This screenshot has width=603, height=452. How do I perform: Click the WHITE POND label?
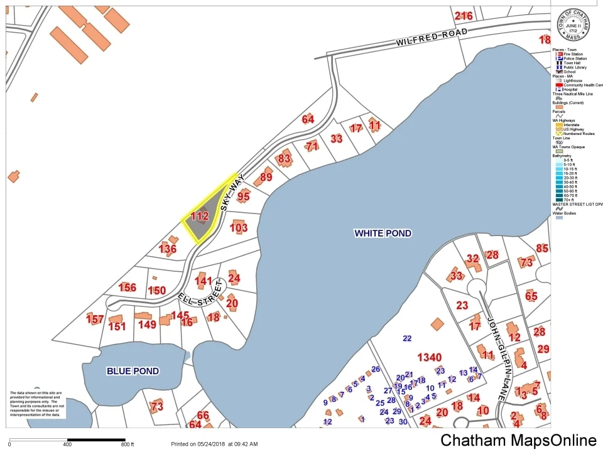point(383,234)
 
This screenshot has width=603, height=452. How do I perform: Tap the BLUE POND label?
point(133,371)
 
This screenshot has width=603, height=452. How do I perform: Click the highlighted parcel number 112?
point(199,217)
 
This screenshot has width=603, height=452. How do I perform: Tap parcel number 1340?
point(429,357)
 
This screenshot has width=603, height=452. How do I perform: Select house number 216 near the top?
point(464,16)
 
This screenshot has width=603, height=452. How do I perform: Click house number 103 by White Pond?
point(239,228)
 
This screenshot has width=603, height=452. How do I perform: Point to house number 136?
point(168,249)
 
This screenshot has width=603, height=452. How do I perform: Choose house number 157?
point(95,320)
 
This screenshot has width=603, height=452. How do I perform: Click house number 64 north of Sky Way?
point(308,119)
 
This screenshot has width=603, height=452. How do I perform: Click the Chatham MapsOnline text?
point(518,440)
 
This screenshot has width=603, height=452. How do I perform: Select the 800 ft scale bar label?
point(128,444)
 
